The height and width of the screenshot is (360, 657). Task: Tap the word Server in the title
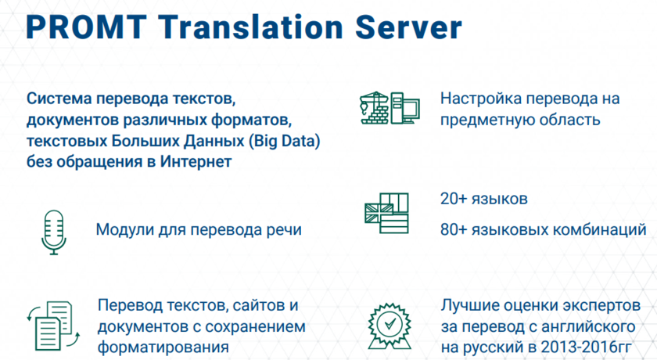(x=408, y=27)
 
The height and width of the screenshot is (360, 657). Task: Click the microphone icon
(x=54, y=232)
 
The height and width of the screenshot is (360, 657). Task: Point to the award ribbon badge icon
(x=390, y=326)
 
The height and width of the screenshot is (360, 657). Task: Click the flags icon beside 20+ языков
(x=386, y=214)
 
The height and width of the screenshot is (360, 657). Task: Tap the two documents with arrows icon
(x=53, y=326)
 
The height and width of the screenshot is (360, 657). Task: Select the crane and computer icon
(x=390, y=108)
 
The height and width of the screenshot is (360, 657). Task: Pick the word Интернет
(x=196, y=161)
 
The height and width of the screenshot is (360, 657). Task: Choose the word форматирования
(x=163, y=347)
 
